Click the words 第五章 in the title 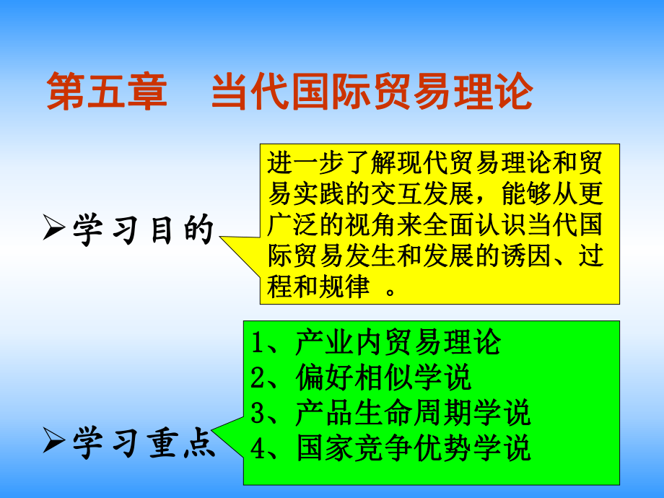coord(107,93)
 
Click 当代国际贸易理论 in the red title coord(372,93)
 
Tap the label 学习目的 coord(144,231)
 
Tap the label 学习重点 coord(144,443)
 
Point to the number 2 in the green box coord(258,378)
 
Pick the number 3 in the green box coord(258,413)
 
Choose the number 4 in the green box coord(258,447)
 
